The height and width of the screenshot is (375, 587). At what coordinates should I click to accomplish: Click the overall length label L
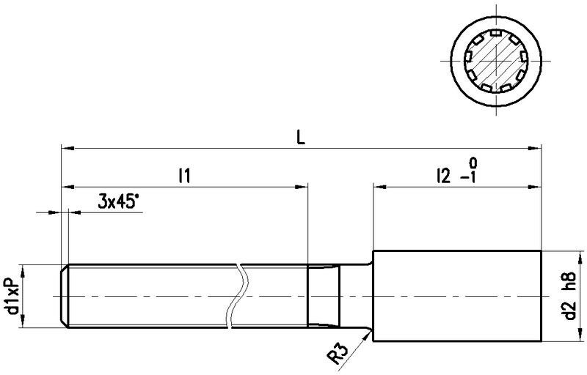point(301,137)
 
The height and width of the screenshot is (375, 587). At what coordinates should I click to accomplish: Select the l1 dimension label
point(185,176)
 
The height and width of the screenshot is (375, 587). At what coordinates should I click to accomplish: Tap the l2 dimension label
point(443,176)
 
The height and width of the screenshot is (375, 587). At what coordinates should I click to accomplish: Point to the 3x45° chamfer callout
point(116,201)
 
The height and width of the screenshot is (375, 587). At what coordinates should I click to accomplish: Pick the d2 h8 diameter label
point(570,296)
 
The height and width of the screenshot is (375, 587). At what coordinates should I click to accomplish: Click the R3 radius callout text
point(338,354)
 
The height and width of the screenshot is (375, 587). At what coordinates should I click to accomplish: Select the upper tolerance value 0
point(473,163)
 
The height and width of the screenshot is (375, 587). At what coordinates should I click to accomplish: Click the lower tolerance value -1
point(469,177)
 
